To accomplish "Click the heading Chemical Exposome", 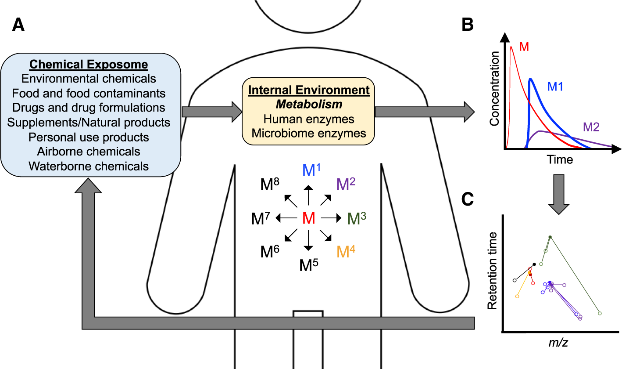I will (89, 65).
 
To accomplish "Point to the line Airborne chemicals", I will (89, 152).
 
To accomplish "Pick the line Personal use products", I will (89, 137).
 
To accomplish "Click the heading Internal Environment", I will (308, 90).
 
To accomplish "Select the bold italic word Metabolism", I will (308, 105).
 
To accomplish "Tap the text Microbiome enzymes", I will (308, 133).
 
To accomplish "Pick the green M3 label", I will (356, 218).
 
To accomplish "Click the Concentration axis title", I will (494, 88).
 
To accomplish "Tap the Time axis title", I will (560, 159).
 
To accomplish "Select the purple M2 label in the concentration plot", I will (591, 127).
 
